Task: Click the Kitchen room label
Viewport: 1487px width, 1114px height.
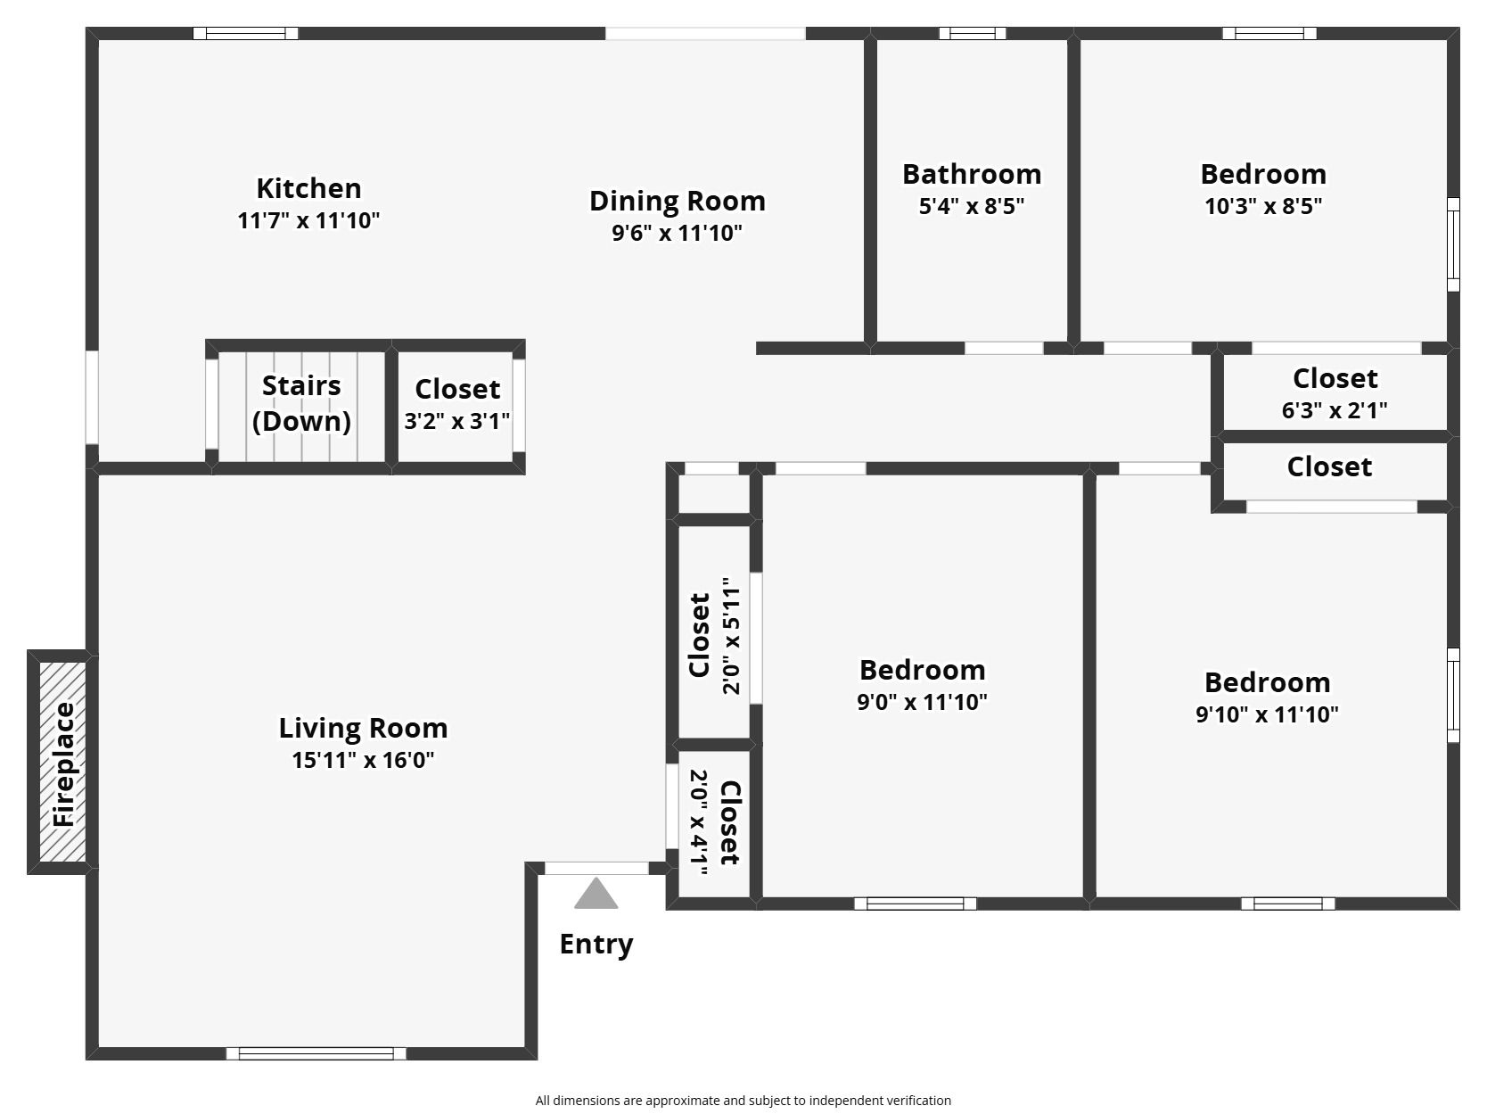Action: (309, 188)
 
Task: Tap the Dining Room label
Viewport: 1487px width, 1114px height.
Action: (678, 201)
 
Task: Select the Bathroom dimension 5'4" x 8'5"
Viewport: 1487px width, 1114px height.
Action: (972, 205)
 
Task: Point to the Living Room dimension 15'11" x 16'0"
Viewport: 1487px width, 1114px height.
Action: (363, 760)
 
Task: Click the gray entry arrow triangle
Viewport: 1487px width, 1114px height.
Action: (596, 894)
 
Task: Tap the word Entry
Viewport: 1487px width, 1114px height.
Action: (596, 944)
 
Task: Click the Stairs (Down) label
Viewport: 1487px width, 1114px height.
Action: (301, 403)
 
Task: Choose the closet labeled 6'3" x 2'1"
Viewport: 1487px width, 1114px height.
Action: (1335, 393)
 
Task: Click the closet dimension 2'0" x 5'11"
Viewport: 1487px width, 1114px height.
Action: (732, 636)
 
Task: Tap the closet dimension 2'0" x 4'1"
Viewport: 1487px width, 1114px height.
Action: (698, 822)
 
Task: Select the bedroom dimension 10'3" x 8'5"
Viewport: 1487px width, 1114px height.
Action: (1262, 205)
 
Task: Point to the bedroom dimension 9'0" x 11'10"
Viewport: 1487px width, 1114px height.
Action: (922, 701)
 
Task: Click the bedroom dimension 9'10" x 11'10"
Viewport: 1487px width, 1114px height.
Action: (1267, 714)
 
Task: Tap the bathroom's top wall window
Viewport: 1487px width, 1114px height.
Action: (972, 33)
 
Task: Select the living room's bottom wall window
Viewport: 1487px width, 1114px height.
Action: (316, 1053)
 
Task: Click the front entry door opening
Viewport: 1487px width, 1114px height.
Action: (596, 868)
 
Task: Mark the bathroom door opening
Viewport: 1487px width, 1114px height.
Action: (1004, 348)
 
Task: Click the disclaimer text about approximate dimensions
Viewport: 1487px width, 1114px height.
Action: (743, 1101)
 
